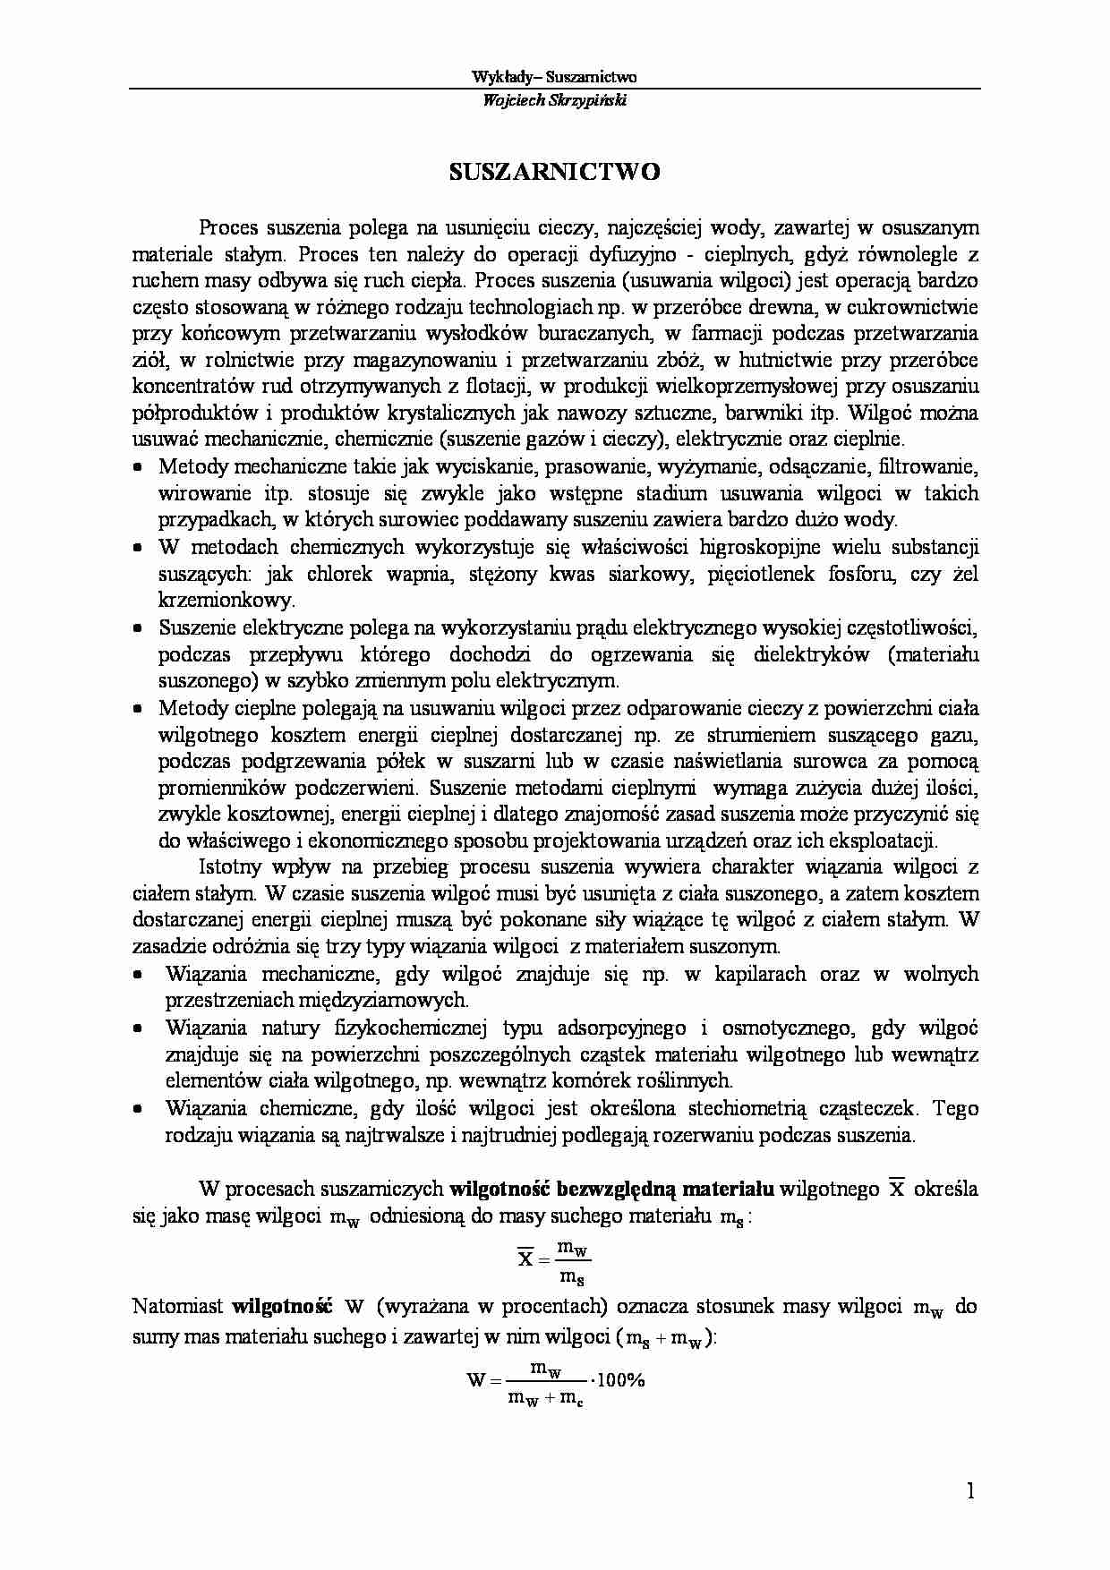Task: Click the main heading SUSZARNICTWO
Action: point(554,172)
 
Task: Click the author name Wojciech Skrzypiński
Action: point(554,100)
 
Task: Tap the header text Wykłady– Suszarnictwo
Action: point(554,77)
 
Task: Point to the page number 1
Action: point(970,1490)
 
